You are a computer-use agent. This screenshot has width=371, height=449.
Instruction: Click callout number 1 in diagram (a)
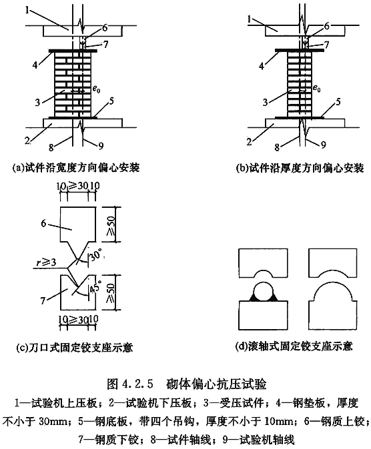click(x=27, y=11)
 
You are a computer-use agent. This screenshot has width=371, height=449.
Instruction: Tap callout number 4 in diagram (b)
click(x=262, y=67)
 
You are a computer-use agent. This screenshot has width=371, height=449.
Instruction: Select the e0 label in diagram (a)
click(x=96, y=89)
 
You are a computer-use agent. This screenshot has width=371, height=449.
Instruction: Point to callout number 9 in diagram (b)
click(x=324, y=145)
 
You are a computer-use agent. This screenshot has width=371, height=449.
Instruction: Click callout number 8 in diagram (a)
click(x=51, y=147)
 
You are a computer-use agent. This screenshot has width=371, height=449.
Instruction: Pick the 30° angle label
click(x=96, y=254)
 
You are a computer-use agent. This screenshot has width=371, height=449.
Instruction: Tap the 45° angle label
click(x=95, y=286)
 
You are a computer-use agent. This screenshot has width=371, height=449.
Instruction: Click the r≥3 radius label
click(x=46, y=262)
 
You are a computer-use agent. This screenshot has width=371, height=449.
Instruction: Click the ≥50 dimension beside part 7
click(x=111, y=293)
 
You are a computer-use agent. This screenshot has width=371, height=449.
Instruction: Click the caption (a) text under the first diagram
click(x=76, y=167)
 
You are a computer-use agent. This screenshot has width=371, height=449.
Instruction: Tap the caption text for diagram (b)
click(x=300, y=168)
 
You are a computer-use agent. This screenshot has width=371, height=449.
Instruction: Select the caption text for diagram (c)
click(x=75, y=347)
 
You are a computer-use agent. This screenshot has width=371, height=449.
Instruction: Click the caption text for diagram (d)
click(x=294, y=346)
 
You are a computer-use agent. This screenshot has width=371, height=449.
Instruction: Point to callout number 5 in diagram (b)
click(x=338, y=102)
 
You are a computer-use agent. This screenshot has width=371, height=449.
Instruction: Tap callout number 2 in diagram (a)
click(x=27, y=141)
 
